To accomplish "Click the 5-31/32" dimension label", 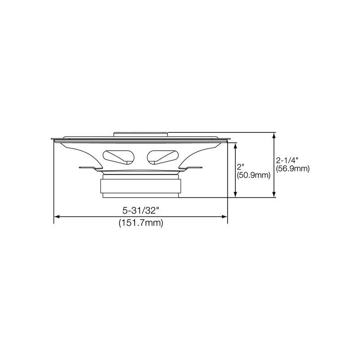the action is point(140,210).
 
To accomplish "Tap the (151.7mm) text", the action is point(141,223).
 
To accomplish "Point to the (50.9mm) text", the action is point(253,175).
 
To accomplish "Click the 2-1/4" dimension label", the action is point(287,160).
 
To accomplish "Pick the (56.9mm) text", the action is point(293,169).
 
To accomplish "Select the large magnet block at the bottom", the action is point(140,186).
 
